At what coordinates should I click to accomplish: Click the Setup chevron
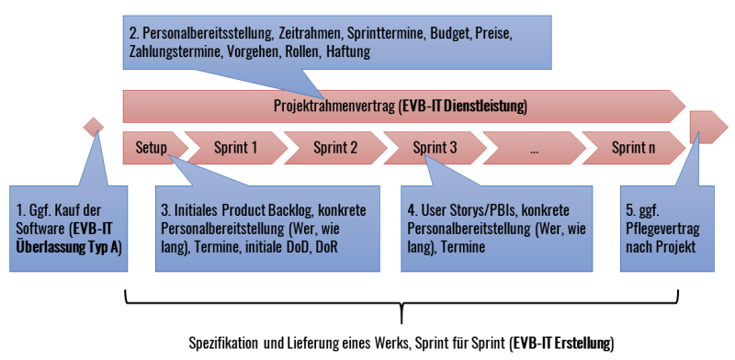[151, 146]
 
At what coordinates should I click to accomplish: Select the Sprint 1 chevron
[235, 146]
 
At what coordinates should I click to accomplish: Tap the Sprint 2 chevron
[334, 146]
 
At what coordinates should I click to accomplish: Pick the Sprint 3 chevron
[435, 146]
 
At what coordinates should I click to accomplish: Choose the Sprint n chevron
[633, 146]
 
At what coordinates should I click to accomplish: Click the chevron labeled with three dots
[534, 146]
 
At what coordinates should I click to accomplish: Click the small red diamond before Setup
[92, 126]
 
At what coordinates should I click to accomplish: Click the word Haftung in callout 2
[348, 52]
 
